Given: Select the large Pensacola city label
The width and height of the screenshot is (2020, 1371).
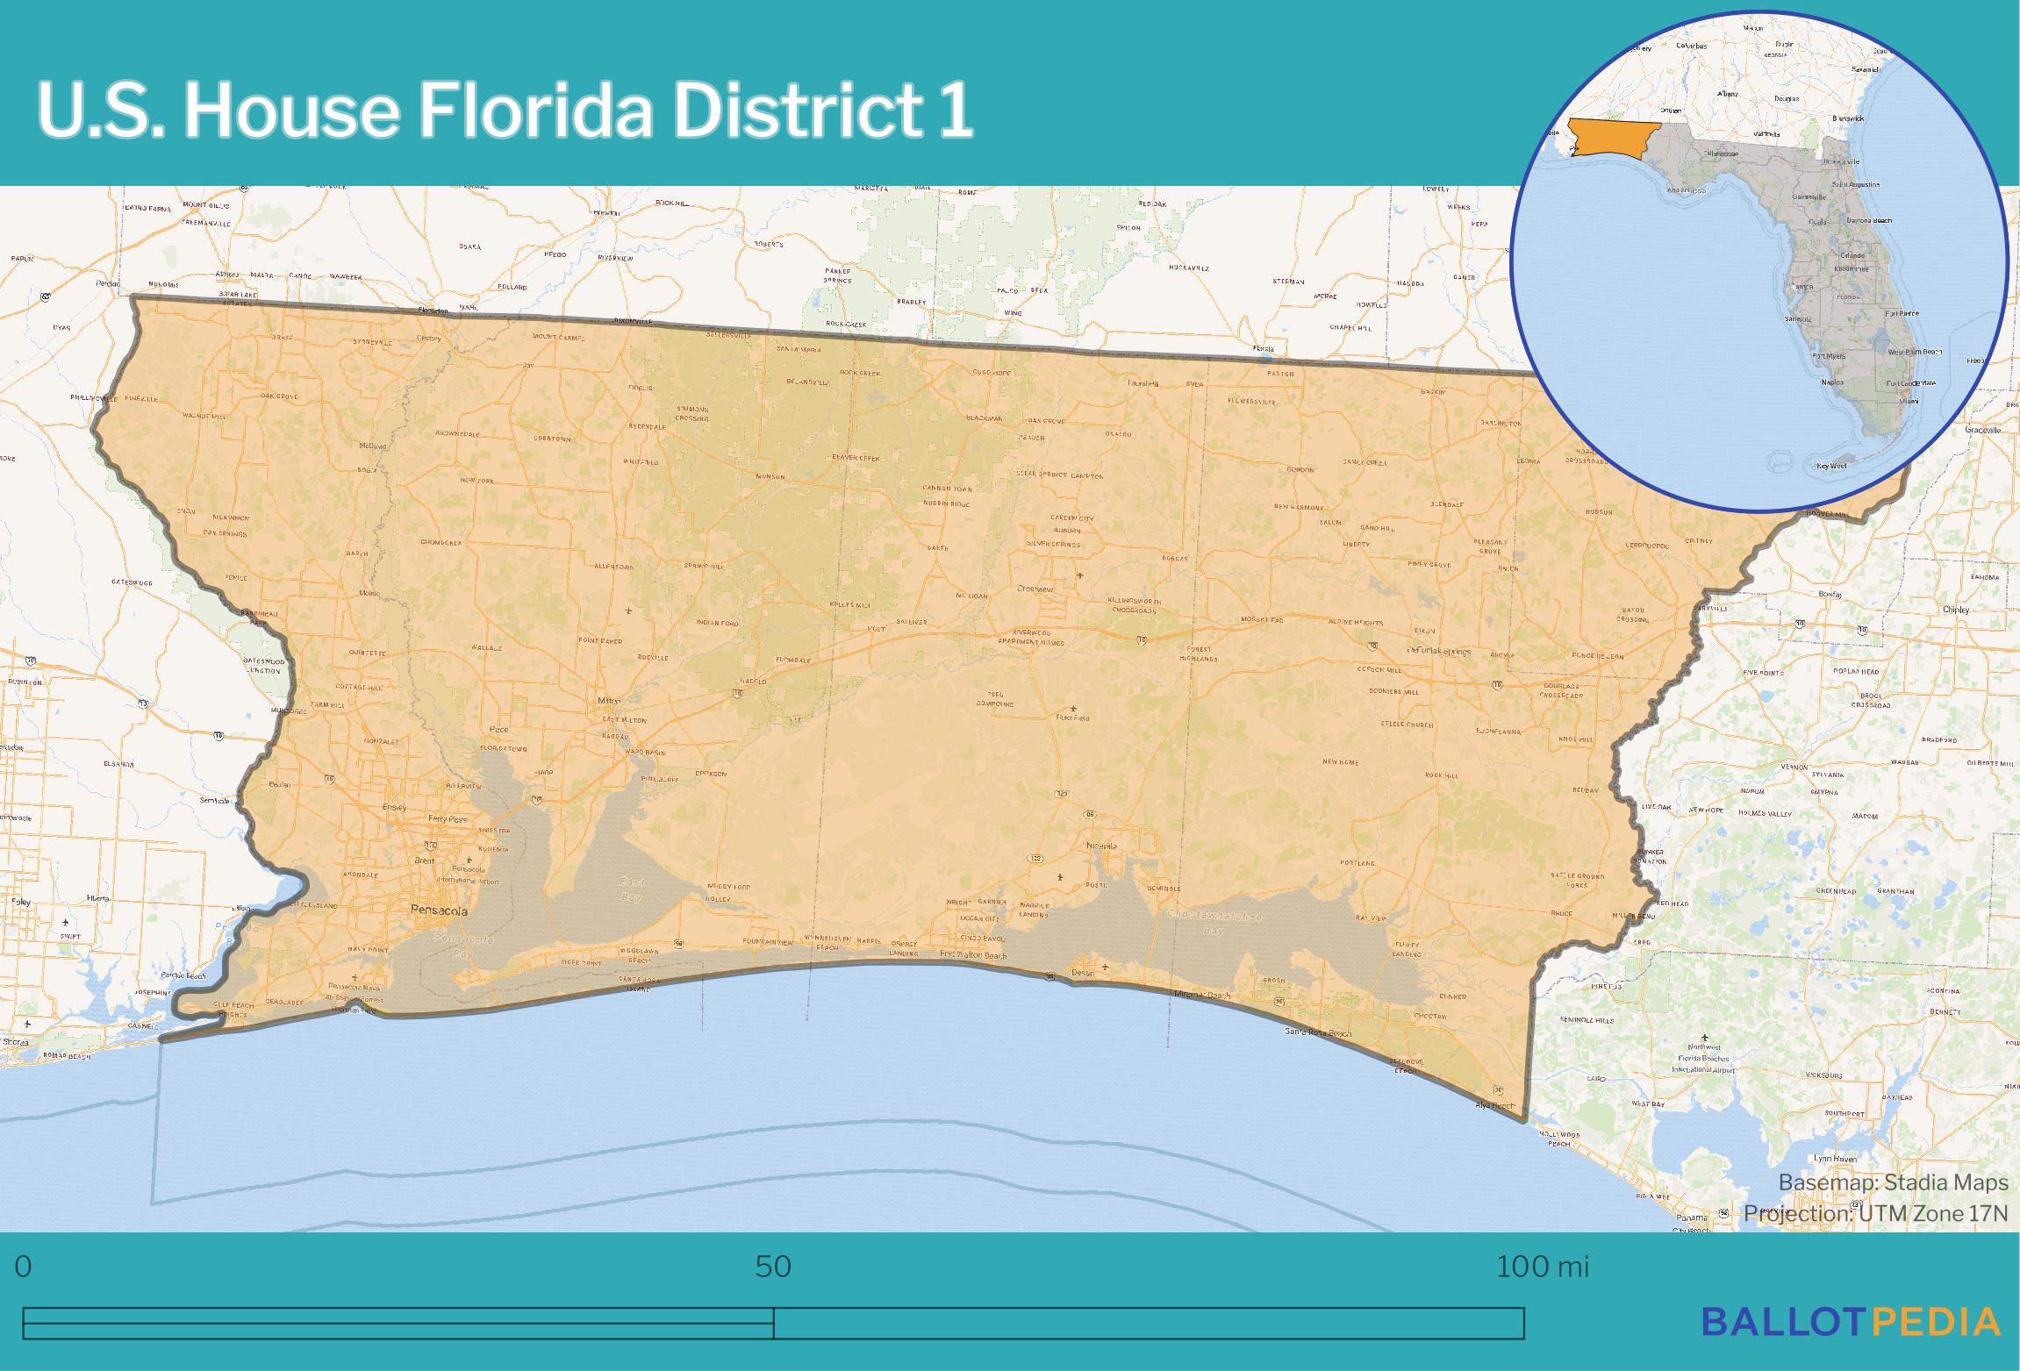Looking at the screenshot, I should coord(440,911).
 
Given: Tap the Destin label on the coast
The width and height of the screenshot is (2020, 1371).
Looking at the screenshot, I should coord(1082,973).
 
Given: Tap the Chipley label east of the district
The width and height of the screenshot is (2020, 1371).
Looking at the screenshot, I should coord(1956,610).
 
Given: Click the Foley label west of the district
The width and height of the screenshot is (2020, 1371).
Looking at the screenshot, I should coord(19,902).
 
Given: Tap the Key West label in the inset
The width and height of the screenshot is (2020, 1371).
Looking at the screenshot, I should coord(1831,466).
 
